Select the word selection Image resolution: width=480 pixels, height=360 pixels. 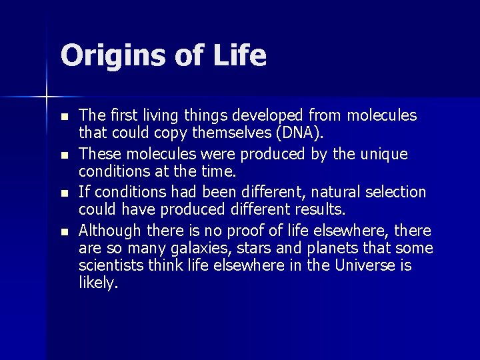[x=396, y=192]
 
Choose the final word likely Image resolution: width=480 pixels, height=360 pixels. [x=98, y=283]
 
